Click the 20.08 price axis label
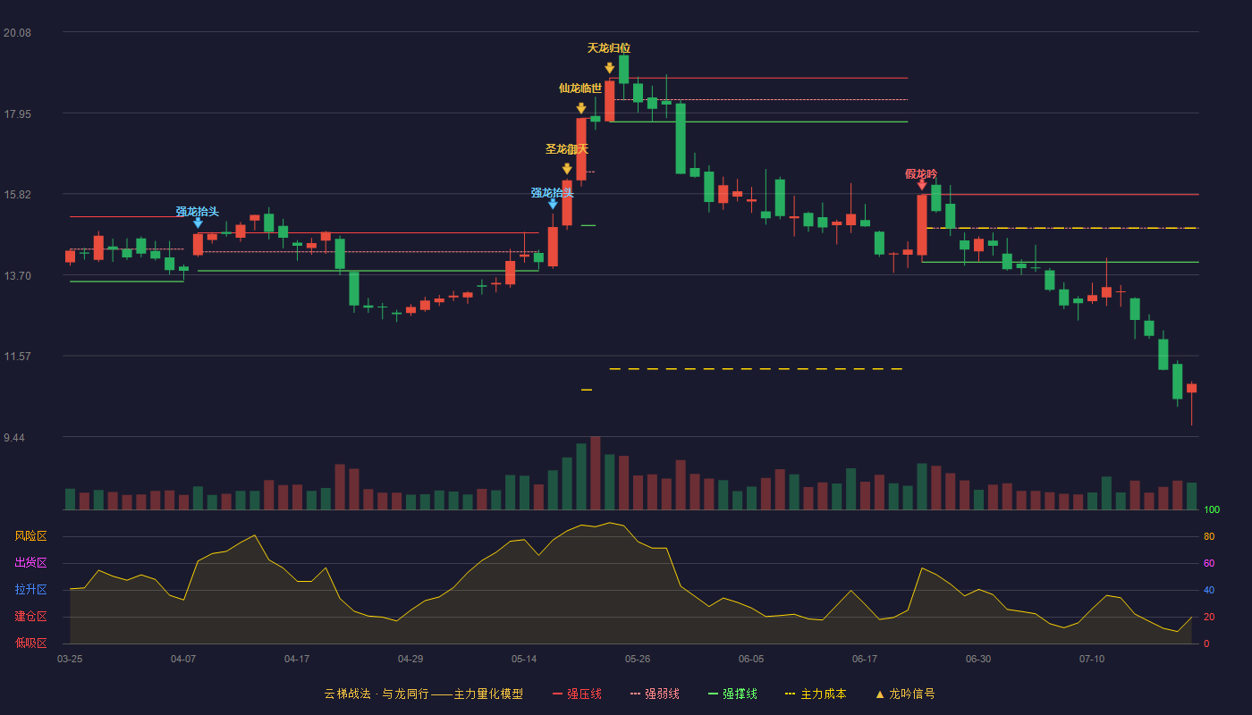[x=17, y=33]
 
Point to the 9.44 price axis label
[x=14, y=437]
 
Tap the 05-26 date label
[x=638, y=660]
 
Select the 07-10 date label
[x=1092, y=660]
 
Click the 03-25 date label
[x=70, y=660]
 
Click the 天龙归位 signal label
[x=609, y=48]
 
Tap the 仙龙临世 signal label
[x=580, y=88]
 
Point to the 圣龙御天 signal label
[x=567, y=149]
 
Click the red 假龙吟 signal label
[x=921, y=174]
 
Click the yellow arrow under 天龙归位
[x=610, y=68]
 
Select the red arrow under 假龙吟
[x=922, y=185]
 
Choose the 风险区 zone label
[x=30, y=535]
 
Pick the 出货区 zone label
[x=30, y=562]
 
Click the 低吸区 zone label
[x=30, y=643]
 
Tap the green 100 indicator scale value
[x=1212, y=509]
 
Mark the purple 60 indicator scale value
[x=1209, y=563]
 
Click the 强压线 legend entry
[x=577, y=694]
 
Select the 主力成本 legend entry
[x=816, y=694]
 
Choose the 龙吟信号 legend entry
[x=905, y=694]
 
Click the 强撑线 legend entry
[x=732, y=694]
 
